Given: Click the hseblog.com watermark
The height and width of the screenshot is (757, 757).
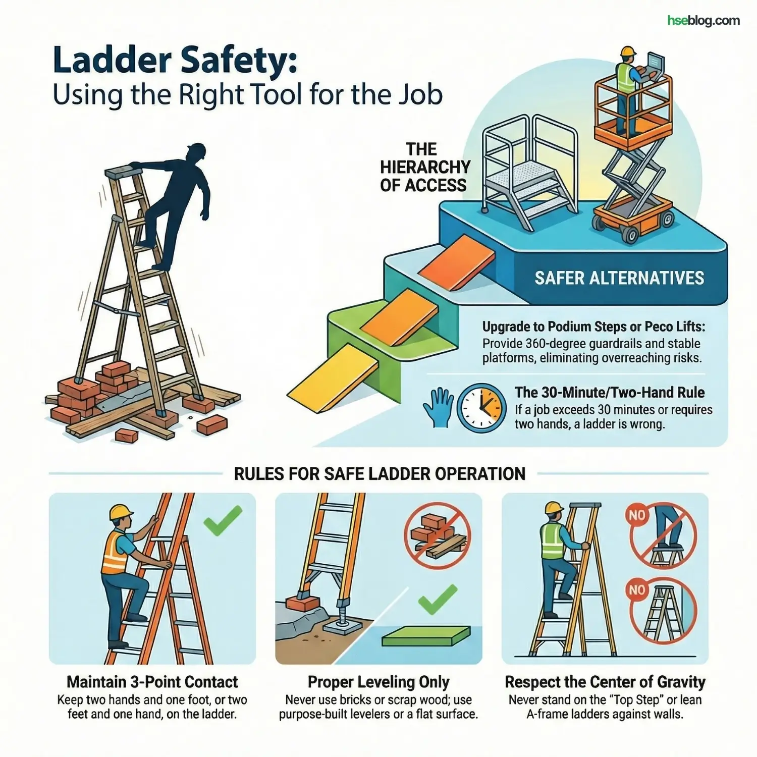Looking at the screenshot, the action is click(703, 21).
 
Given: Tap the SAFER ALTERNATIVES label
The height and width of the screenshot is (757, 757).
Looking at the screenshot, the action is click(619, 278).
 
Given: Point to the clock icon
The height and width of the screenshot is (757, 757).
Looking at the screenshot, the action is click(481, 408).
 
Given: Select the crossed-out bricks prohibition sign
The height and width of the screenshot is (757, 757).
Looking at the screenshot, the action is click(437, 535).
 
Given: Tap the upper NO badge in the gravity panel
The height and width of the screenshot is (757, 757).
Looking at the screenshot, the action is click(636, 515).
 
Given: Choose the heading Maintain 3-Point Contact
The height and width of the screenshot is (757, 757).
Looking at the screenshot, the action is click(152, 682).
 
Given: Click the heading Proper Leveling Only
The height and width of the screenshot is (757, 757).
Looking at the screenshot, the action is click(379, 682).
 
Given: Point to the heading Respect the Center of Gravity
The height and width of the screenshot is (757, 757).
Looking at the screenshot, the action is click(605, 682).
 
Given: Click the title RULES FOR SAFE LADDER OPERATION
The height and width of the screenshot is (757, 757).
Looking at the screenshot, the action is click(380, 474).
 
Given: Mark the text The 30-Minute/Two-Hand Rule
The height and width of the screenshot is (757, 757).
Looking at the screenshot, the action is click(610, 392).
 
